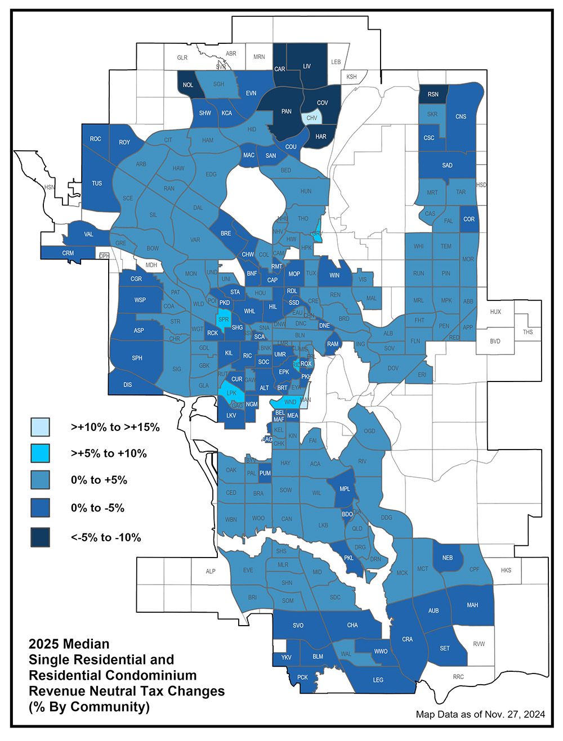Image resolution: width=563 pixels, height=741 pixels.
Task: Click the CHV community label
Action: tap(312, 118)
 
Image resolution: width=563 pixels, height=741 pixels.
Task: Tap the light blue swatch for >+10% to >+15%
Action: tap(41, 427)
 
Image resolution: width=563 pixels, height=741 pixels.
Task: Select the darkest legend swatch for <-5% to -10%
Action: tap(41, 537)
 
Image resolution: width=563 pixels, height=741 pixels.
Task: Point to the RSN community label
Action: tap(433, 95)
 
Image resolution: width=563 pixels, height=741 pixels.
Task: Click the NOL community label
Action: tap(188, 85)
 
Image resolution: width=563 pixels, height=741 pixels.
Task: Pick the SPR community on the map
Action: tap(224, 320)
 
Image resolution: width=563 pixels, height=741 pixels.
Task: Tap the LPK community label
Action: tap(231, 393)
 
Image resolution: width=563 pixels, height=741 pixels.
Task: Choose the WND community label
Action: tap(291, 402)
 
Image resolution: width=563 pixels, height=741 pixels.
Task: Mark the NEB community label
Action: tap(448, 558)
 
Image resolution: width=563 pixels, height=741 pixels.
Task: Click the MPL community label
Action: tap(345, 488)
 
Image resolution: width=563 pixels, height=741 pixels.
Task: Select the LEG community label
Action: tap(378, 680)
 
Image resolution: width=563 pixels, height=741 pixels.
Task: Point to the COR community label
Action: tap(469, 219)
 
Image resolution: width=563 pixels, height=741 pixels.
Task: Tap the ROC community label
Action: tap(96, 139)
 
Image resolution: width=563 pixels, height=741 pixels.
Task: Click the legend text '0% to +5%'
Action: tap(99, 480)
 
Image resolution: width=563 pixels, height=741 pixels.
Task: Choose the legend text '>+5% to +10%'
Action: tap(109, 453)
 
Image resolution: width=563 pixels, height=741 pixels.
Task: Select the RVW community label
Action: tap(479, 644)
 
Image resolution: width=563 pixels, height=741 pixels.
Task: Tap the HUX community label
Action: tap(495, 312)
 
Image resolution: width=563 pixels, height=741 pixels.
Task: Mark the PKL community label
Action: tap(348, 558)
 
